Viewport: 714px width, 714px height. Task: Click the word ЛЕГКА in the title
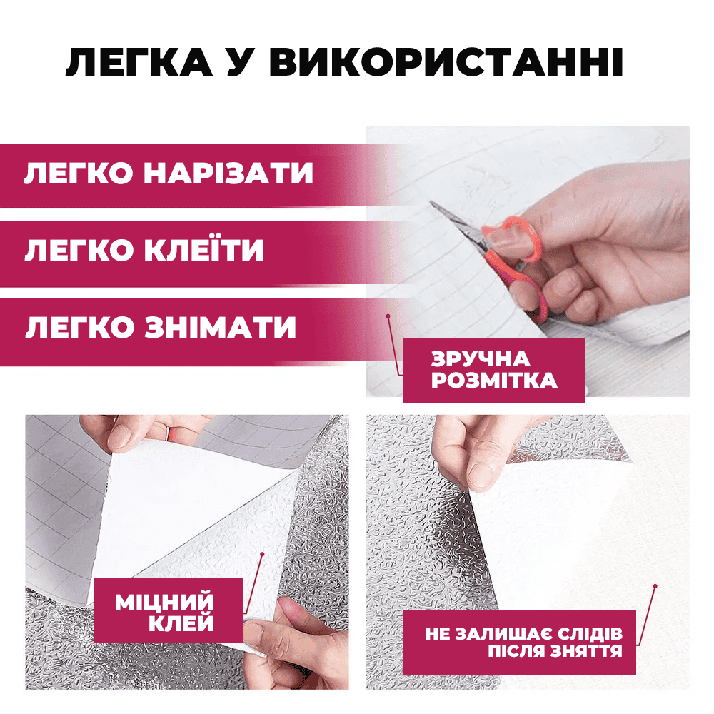tap(139, 61)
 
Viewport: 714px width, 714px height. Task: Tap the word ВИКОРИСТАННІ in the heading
tap(446, 61)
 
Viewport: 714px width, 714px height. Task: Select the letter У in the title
tap(241, 61)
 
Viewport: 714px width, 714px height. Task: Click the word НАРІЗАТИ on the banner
tap(228, 173)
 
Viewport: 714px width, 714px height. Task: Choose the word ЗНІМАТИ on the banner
tap(221, 326)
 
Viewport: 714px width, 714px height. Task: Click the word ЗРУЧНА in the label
tap(481, 359)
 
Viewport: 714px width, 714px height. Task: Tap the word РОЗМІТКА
tap(494, 381)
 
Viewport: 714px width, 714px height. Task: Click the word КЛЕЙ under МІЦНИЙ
tap(181, 623)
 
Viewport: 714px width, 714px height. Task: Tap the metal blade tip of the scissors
tap(432, 203)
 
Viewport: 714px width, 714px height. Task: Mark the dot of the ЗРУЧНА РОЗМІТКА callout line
tap(388, 316)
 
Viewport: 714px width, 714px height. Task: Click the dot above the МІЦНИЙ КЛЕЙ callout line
tap(262, 554)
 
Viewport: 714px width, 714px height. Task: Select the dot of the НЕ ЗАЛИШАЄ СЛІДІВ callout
tap(655, 586)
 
